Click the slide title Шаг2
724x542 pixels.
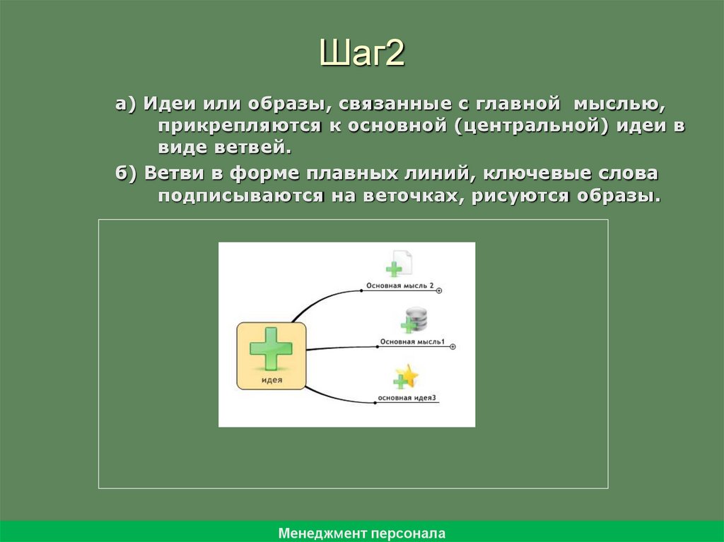[x=361, y=54]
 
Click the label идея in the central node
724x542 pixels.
[x=272, y=379]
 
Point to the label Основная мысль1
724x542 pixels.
[x=412, y=342]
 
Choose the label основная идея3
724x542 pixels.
[x=407, y=398]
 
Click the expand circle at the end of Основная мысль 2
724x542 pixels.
[x=440, y=290]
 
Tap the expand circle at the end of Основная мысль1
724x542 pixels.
[x=452, y=346]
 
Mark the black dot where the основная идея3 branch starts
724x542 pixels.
[x=373, y=403]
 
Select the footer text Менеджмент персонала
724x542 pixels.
[x=361, y=533]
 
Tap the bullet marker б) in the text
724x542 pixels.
[x=127, y=174]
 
